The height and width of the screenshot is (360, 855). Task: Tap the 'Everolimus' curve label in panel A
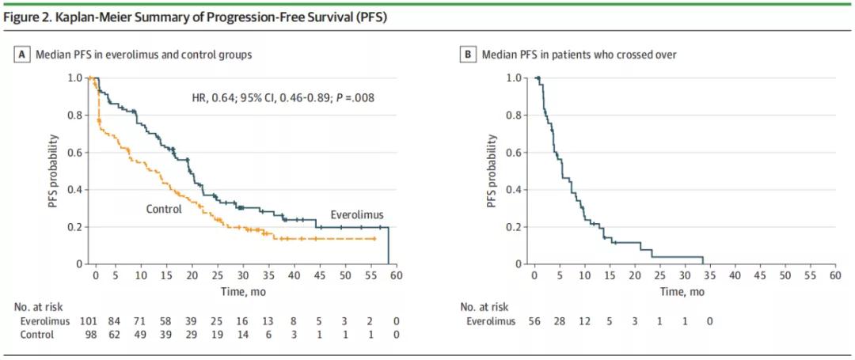click(x=355, y=214)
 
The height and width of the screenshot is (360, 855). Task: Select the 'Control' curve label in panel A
click(x=164, y=209)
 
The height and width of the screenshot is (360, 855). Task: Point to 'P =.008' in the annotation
click(x=355, y=98)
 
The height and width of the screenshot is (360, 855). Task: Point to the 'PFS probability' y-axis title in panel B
click(x=492, y=171)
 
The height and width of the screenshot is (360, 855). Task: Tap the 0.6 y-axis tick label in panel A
click(x=75, y=152)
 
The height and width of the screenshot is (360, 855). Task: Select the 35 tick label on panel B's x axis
click(x=711, y=276)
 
